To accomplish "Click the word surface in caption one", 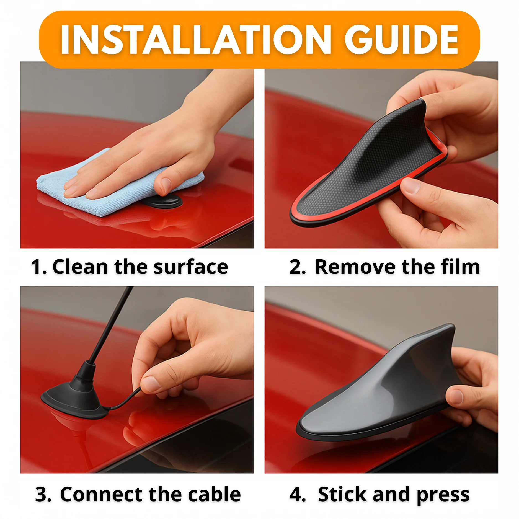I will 191,267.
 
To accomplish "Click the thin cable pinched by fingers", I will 125,401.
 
